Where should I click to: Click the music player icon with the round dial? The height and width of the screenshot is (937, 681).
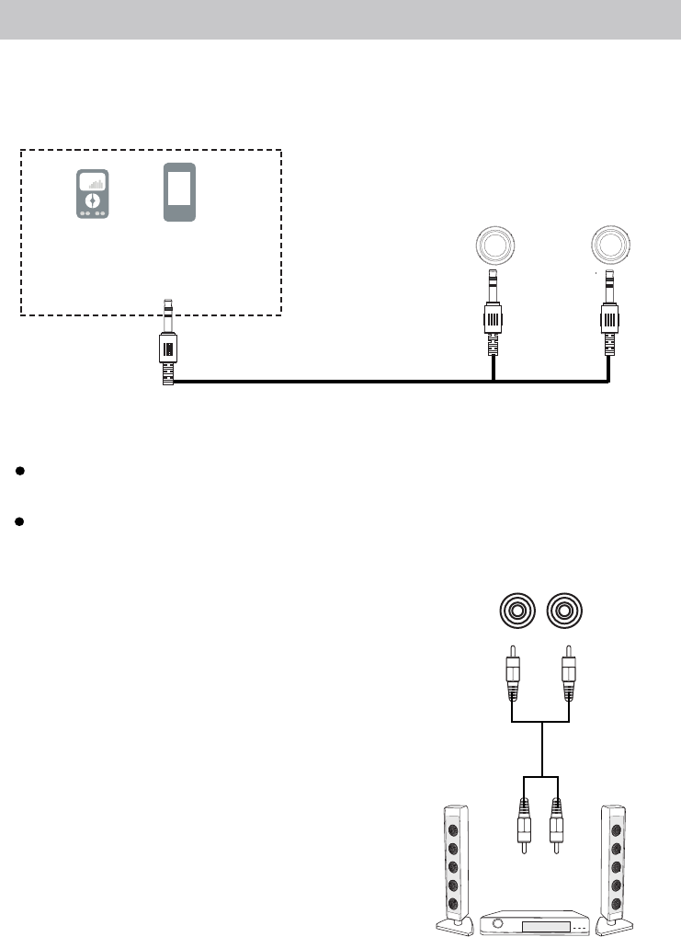click(92, 195)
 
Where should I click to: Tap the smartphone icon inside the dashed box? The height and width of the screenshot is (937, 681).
click(179, 192)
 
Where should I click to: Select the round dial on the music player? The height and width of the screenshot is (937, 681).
click(92, 201)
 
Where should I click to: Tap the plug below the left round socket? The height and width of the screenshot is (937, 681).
click(494, 313)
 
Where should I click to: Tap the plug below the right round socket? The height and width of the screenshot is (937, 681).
click(609, 313)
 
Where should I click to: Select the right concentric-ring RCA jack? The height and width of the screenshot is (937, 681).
click(563, 611)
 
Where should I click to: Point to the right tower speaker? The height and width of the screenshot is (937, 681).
click(614, 864)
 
